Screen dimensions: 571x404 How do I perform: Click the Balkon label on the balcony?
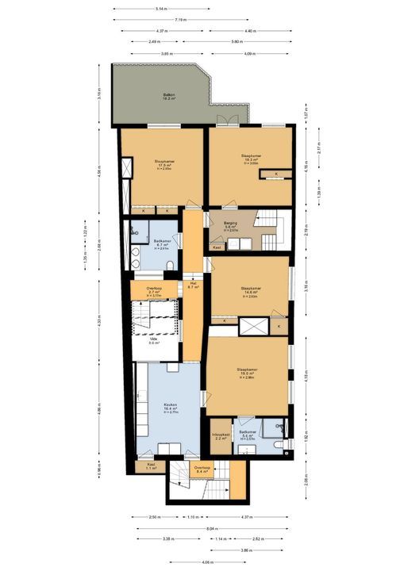pos(168,96)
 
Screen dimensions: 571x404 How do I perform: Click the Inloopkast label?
pos(221,436)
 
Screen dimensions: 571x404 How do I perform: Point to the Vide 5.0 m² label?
pos(154,341)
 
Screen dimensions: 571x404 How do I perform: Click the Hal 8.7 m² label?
pos(193,285)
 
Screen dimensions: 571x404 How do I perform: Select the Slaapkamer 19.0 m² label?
pos(250,373)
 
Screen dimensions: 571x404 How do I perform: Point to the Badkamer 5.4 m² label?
pos(248,435)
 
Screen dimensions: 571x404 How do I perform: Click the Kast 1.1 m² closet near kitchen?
pos(151,468)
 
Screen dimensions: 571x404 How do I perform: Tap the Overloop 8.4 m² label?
pos(202,469)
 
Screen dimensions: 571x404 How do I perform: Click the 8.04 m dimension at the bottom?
pos(209,527)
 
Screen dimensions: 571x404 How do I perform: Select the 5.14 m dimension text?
pos(162,9)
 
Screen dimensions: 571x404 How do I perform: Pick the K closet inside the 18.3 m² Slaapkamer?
pos(276,174)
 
